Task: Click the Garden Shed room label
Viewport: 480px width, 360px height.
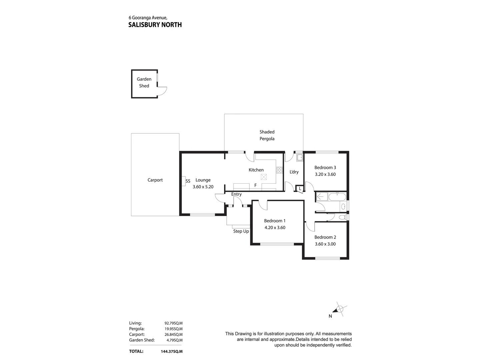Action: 144,82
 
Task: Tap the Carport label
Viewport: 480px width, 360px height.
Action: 155,180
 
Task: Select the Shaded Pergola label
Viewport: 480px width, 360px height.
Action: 267,135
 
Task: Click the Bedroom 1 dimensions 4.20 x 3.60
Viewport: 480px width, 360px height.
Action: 275,228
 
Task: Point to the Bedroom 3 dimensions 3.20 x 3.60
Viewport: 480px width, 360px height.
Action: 325,174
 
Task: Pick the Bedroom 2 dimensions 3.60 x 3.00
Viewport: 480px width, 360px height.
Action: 325,244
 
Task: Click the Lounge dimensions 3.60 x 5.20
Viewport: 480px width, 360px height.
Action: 203,187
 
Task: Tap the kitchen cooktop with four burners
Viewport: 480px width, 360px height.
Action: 279,170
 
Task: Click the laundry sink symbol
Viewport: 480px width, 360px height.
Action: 300,157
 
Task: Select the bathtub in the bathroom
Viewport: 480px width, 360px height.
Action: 337,197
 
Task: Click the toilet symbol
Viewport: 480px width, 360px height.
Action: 343,217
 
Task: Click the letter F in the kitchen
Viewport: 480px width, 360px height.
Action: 255,185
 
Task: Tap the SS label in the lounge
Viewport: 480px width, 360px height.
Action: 188,181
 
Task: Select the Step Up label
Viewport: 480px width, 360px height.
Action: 241,231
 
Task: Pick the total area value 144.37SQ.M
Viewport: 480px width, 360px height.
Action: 172,351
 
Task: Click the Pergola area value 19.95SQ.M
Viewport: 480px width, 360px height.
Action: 173,329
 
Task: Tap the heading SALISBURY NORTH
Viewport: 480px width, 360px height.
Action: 155,25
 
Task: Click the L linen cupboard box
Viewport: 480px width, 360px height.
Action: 300,189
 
